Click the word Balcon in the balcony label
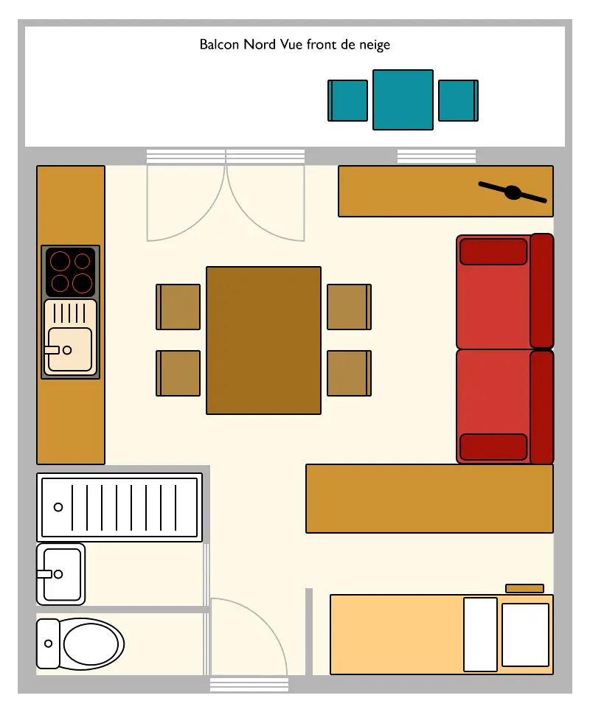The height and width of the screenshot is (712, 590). [220, 44]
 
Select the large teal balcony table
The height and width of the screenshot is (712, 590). [403, 100]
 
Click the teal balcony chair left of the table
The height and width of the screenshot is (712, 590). [348, 100]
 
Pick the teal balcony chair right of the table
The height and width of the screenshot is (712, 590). [458, 100]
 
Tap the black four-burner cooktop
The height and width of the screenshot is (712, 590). [71, 272]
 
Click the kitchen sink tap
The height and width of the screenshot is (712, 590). [52, 350]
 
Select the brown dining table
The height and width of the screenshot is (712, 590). [263, 341]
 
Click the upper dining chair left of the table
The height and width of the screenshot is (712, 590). [178, 307]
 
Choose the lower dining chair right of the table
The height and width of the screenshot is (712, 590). [350, 373]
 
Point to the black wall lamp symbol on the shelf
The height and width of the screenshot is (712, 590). [513, 192]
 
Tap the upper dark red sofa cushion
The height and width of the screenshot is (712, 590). [493, 251]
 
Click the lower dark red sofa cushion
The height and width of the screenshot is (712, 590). [493, 447]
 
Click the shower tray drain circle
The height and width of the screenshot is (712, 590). [58, 507]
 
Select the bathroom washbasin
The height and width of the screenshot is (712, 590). [61, 574]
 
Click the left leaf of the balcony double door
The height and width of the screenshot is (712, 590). [186, 203]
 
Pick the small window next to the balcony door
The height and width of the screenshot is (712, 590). [437, 156]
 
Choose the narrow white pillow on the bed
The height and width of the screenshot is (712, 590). [480, 635]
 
